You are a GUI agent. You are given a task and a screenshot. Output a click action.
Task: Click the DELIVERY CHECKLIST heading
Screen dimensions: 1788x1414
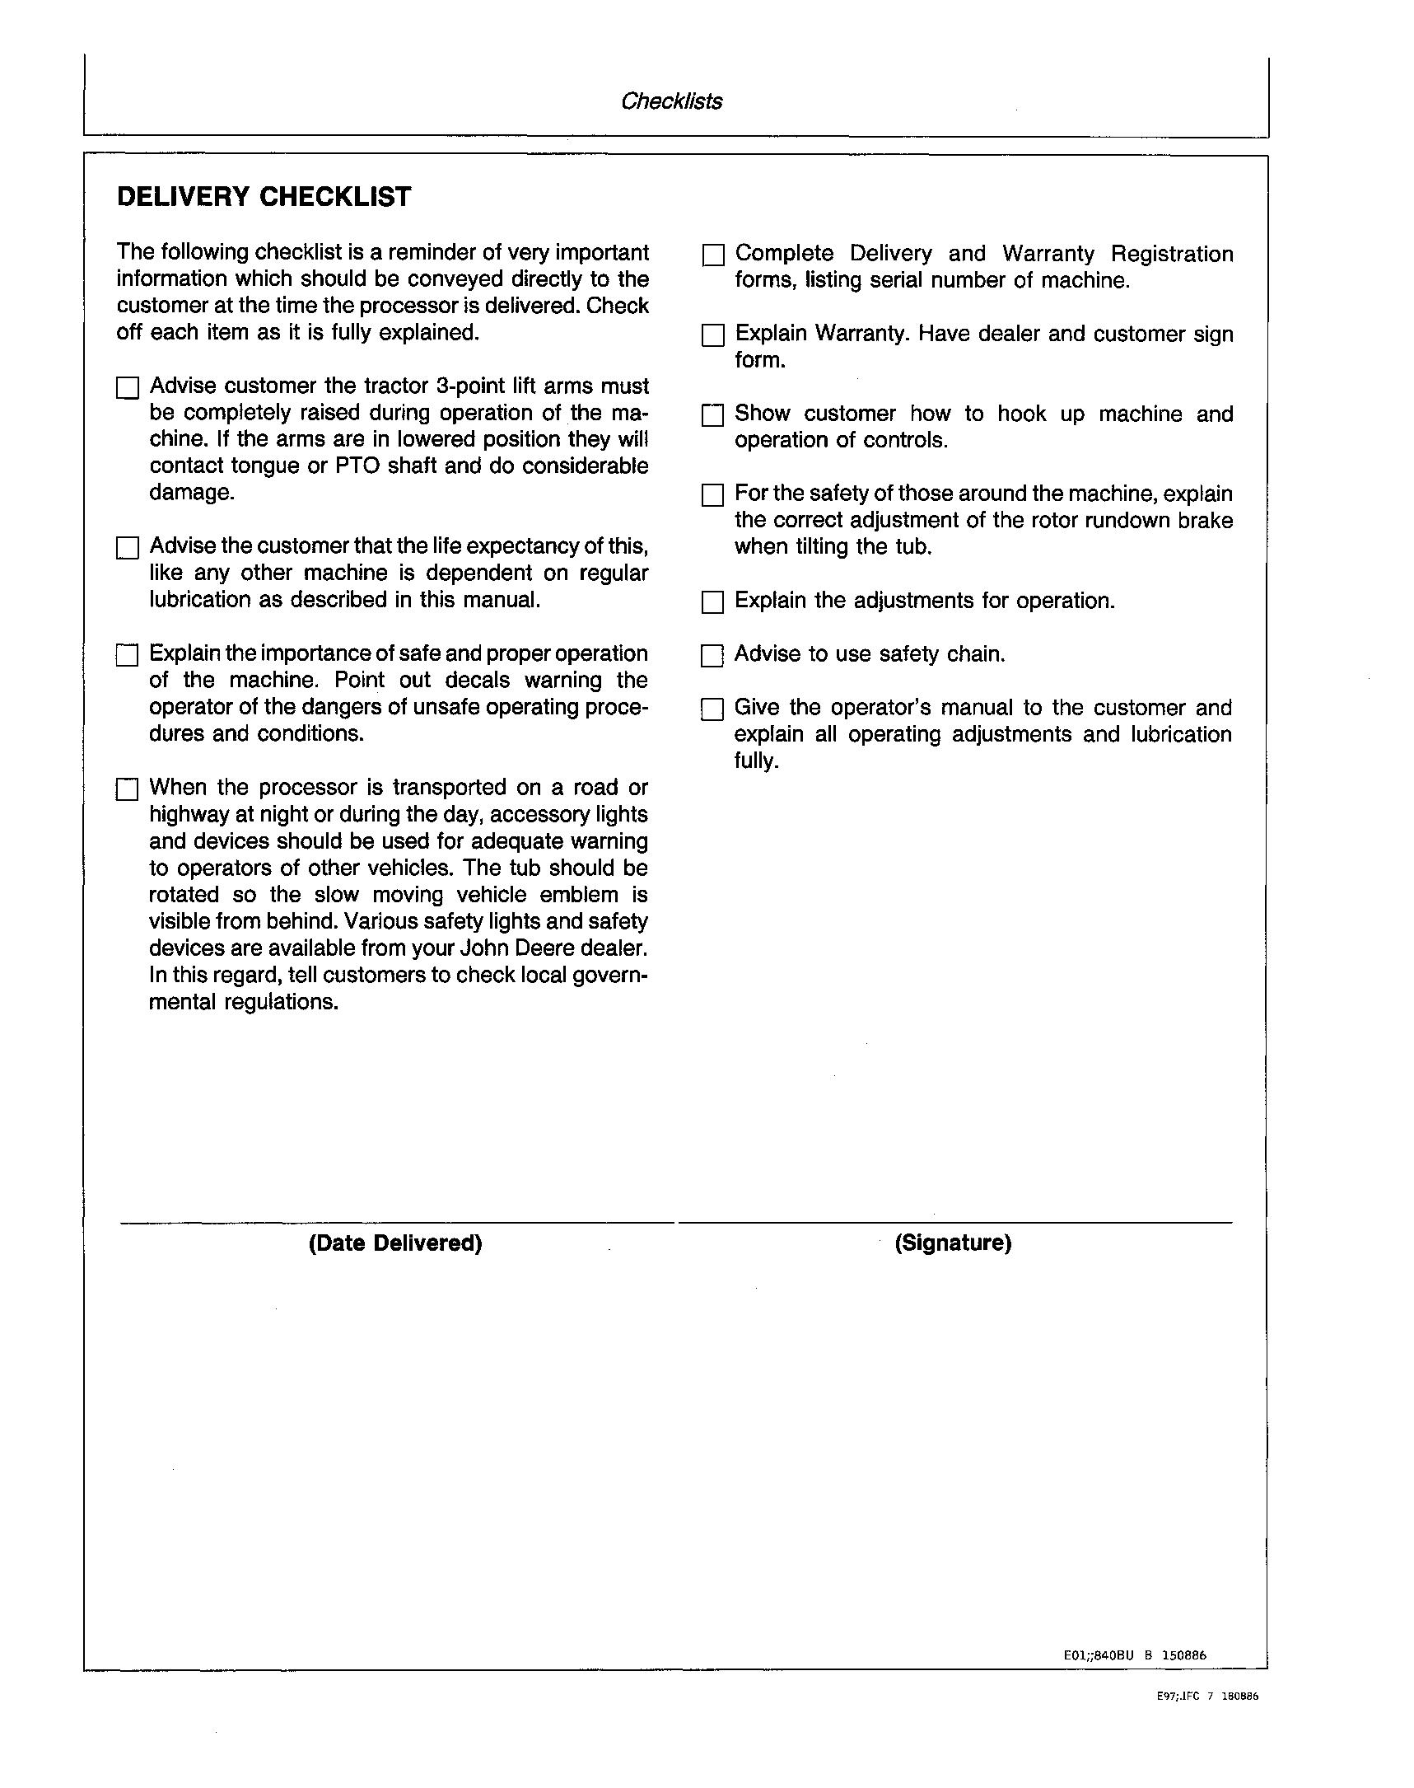click(x=264, y=197)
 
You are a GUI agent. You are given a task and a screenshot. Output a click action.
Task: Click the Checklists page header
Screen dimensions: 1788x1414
click(x=671, y=101)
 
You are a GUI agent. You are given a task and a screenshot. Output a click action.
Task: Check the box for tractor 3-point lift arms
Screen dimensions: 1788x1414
click(x=127, y=387)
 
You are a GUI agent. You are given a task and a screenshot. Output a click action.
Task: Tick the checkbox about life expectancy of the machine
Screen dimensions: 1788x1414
click(x=127, y=547)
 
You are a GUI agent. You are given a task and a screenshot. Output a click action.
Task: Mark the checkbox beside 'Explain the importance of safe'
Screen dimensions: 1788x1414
click(x=127, y=655)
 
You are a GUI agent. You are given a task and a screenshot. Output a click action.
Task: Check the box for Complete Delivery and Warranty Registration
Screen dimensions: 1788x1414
click(x=712, y=255)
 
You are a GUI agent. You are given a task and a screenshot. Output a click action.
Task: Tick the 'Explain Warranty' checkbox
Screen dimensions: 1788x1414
click(x=712, y=335)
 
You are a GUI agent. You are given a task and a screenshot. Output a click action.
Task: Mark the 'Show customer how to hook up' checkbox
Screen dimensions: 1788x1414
click(x=712, y=415)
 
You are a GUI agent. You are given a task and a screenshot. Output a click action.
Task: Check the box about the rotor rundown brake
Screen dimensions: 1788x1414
click(x=712, y=495)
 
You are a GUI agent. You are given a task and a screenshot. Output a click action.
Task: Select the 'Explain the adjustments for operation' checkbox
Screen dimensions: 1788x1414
click(x=712, y=602)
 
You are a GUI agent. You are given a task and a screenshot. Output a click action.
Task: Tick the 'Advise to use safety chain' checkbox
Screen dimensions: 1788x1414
click(x=712, y=656)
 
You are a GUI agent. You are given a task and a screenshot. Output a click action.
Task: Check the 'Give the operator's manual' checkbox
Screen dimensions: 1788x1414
click(x=712, y=709)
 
